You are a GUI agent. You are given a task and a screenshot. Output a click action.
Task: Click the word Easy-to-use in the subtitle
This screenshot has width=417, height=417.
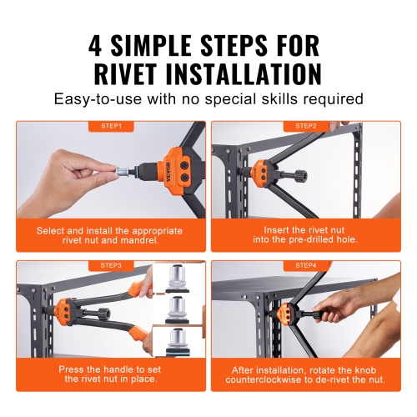click(95, 99)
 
